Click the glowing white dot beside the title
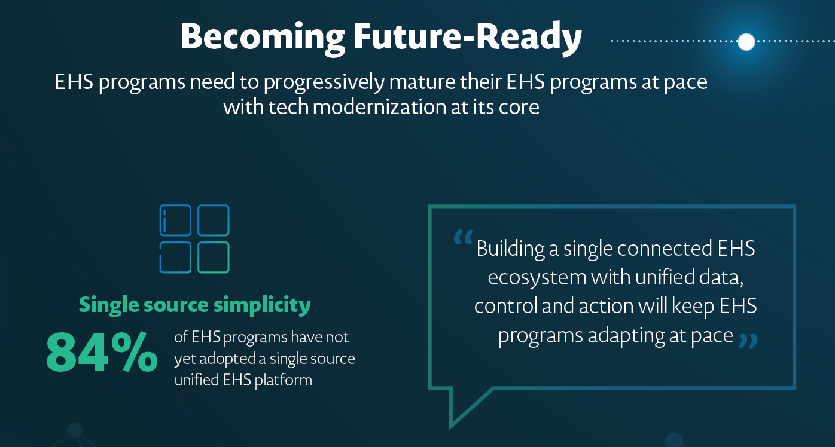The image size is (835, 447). (746, 42)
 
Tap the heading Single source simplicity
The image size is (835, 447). (195, 305)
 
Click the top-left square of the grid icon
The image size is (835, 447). (175, 220)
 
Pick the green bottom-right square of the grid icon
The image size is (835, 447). (214, 258)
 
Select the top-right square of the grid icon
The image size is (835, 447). (214, 220)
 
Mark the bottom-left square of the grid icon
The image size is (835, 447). (175, 258)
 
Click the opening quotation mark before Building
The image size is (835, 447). (463, 238)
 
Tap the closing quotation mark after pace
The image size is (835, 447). (748, 341)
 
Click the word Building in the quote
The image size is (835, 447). (510, 249)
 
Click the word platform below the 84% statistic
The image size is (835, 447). (283, 380)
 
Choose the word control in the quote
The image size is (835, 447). (505, 306)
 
